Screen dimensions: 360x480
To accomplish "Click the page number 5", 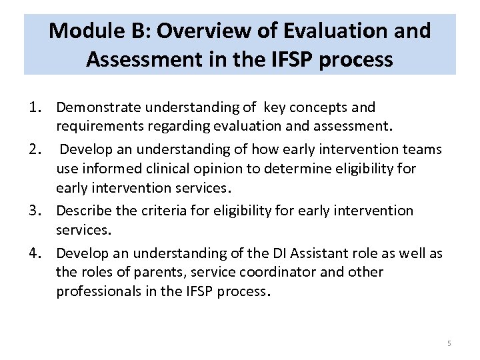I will click(x=449, y=343).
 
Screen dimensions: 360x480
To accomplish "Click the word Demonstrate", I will click(x=99, y=107).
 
